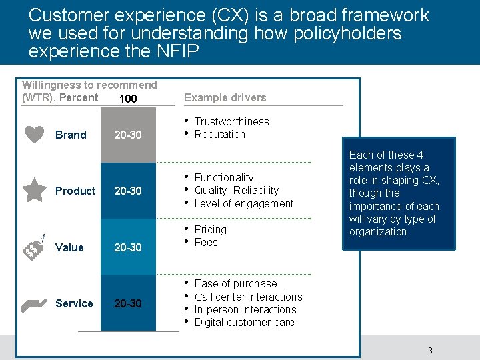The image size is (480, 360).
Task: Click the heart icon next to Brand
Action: tap(34, 134)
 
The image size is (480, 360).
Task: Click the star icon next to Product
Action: tap(34, 190)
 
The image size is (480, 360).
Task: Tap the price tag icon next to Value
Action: tap(34, 247)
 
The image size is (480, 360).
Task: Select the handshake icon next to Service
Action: tap(34, 304)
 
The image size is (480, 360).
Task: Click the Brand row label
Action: tap(71, 135)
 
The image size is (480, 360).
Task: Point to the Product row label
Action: tap(75, 191)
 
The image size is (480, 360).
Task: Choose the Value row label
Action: tap(69, 247)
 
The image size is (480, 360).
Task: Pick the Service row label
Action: tap(74, 303)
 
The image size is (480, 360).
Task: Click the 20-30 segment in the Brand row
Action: tap(127, 135)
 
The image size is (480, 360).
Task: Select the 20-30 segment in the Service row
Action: tap(127, 303)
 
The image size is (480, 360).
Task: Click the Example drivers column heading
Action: tap(225, 97)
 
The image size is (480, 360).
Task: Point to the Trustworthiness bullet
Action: tap(231, 121)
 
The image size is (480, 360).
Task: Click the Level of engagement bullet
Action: tap(243, 203)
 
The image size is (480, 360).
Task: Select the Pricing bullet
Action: tap(210, 229)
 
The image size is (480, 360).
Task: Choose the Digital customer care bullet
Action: tap(244, 322)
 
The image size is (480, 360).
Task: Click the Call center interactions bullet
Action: tap(248, 297)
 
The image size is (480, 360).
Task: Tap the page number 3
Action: tap(430, 351)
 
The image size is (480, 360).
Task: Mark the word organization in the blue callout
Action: tap(377, 231)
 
